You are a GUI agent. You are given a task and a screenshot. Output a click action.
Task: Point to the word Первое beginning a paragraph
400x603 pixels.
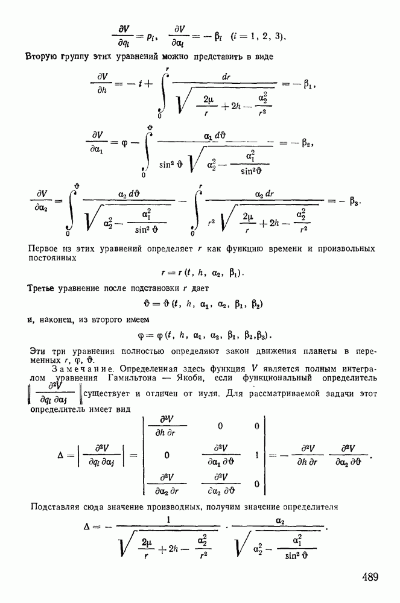click(x=44, y=248)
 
